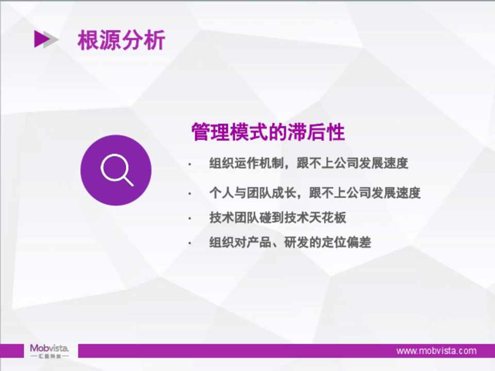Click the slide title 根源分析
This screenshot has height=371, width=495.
121,40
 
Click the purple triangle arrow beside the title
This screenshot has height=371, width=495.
42,39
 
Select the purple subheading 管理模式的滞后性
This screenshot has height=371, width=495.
268,132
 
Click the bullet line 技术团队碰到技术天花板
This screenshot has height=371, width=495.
277,217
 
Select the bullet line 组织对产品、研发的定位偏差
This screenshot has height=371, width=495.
290,242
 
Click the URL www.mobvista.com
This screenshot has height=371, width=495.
436,351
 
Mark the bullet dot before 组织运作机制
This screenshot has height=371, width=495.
190,164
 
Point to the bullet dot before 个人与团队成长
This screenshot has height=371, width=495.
190,193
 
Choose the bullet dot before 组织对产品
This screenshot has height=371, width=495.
190,243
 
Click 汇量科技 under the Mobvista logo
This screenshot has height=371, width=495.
49,356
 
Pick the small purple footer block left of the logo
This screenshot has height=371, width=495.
12,351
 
